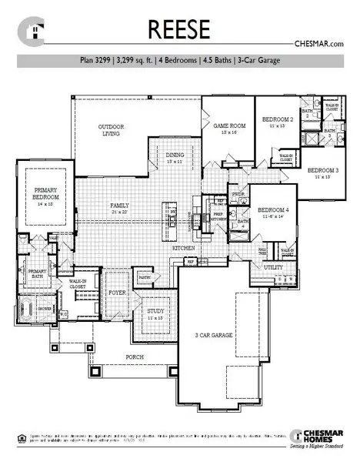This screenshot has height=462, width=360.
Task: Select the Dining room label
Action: [175, 157]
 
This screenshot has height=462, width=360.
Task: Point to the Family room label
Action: [119, 206]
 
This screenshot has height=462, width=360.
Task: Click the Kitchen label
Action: [182, 249]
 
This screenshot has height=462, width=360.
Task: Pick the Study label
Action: [156, 312]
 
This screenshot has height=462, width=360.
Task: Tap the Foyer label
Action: [117, 293]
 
